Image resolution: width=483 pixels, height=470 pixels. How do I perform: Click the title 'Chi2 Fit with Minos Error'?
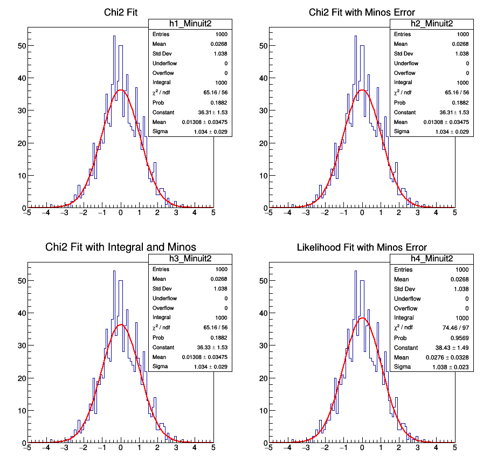pos(362,12)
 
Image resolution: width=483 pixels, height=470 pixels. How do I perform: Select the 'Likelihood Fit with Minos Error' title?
pos(362,247)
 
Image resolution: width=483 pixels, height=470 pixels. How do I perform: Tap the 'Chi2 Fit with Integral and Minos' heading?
pos(121,247)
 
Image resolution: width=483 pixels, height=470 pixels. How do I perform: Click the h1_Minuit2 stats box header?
pos(190,24)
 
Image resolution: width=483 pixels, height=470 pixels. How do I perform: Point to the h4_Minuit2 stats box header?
pos(431,259)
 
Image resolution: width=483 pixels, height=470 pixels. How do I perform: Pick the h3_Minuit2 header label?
pos(190,259)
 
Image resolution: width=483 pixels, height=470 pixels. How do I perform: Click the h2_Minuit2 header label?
pos(431,24)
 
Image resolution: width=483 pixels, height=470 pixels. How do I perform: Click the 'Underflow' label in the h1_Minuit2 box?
pos(164,64)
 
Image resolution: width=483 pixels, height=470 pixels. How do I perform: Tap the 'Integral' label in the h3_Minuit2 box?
pos(161,318)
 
